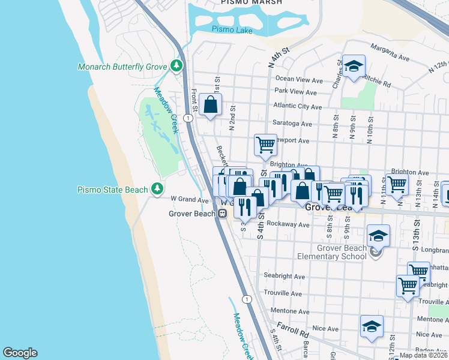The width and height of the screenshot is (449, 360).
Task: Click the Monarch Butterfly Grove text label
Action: (122, 67)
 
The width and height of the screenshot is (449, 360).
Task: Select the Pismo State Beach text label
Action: (112, 190)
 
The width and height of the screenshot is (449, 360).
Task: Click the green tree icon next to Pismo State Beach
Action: (157, 190)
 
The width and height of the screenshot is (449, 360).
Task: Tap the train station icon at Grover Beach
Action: (222, 213)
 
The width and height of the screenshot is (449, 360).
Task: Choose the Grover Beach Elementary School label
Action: (332, 253)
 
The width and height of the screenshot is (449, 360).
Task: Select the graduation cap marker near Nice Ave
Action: (372, 326)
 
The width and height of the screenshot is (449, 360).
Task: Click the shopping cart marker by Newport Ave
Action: (265, 144)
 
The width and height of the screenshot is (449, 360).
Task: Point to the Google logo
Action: (20, 353)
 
